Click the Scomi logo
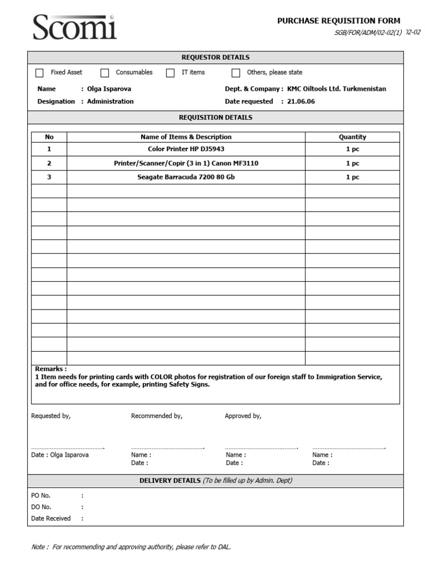point(75,27)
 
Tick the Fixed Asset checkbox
point(39,73)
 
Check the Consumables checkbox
point(105,73)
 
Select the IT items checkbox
point(170,73)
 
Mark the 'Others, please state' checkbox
point(236,73)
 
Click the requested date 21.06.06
point(301,101)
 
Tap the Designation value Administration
point(110,101)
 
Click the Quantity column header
point(352,137)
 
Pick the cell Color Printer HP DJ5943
point(186,149)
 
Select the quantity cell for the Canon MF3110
point(352,163)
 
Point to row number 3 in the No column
point(49,177)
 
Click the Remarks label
point(50,369)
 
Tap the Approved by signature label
point(243,416)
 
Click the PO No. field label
point(41,496)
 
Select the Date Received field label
point(51,518)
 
